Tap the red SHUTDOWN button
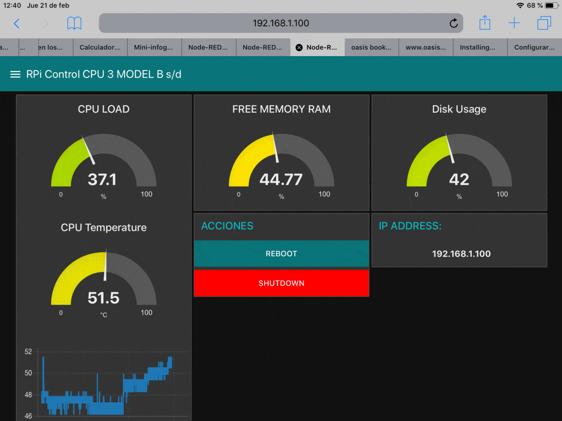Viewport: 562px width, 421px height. click(281, 283)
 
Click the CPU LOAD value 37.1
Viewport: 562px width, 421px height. click(102, 179)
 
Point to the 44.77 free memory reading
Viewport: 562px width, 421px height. click(281, 179)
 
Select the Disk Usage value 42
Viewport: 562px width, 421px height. click(459, 179)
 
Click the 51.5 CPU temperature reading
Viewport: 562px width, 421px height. click(104, 298)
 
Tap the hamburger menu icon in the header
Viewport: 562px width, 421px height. click(15, 74)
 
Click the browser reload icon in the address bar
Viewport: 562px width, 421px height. click(453, 23)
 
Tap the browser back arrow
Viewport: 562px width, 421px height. click(17, 23)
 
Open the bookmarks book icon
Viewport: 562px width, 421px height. click(74, 23)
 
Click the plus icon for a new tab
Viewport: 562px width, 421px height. click(514, 23)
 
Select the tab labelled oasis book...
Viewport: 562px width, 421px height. click(371, 47)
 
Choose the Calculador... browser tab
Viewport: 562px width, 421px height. click(100, 47)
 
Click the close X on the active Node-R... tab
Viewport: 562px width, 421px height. click(299, 47)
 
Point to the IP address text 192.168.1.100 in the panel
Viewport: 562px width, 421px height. click(461, 254)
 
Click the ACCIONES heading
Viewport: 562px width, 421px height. click(227, 226)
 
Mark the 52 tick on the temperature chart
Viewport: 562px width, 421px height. click(28, 352)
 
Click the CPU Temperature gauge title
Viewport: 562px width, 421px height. click(104, 227)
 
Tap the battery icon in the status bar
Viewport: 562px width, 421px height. click(552, 6)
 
